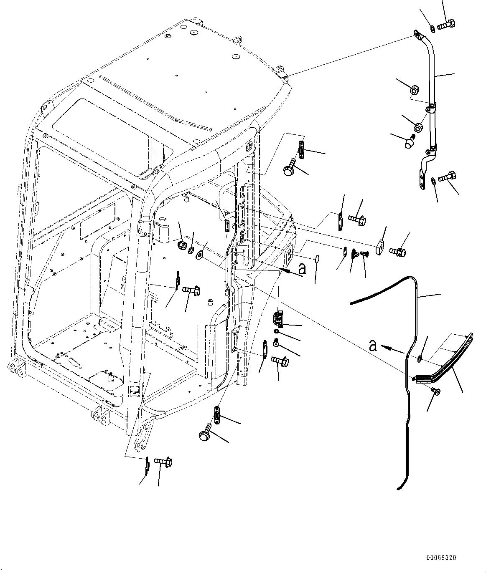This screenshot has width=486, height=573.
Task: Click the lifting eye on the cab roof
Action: (239, 40)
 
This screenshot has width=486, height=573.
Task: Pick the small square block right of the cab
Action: (380, 248)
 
